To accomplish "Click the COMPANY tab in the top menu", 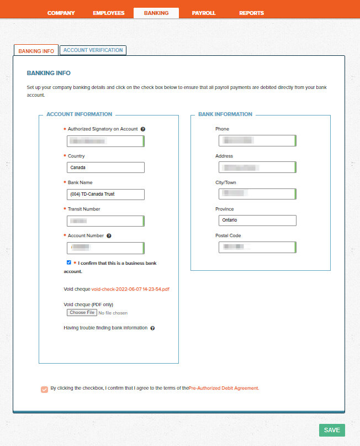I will click(x=61, y=13).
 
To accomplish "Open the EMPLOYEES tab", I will click(x=109, y=13).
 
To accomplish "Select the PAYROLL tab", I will click(x=204, y=13).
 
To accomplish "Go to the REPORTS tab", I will click(x=251, y=13).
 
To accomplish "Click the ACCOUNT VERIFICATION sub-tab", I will click(x=93, y=50).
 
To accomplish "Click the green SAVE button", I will click(x=332, y=430).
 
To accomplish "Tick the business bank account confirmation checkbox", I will click(x=68, y=263).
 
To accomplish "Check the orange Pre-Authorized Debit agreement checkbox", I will click(x=44, y=389).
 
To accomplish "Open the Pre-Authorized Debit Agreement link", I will click(x=224, y=389).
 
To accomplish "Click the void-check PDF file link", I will click(x=130, y=289).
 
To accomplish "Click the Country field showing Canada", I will click(x=105, y=167).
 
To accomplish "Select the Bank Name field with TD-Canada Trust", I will click(x=105, y=194).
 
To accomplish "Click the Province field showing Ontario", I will click(x=257, y=221).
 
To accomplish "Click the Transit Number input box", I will click(x=105, y=221).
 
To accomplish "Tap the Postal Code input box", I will click(x=257, y=247).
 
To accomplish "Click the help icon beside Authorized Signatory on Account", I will click(x=143, y=129).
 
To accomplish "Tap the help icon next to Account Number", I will click(x=109, y=236).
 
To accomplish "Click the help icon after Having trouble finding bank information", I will click(x=152, y=328).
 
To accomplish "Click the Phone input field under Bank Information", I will click(x=257, y=140).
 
